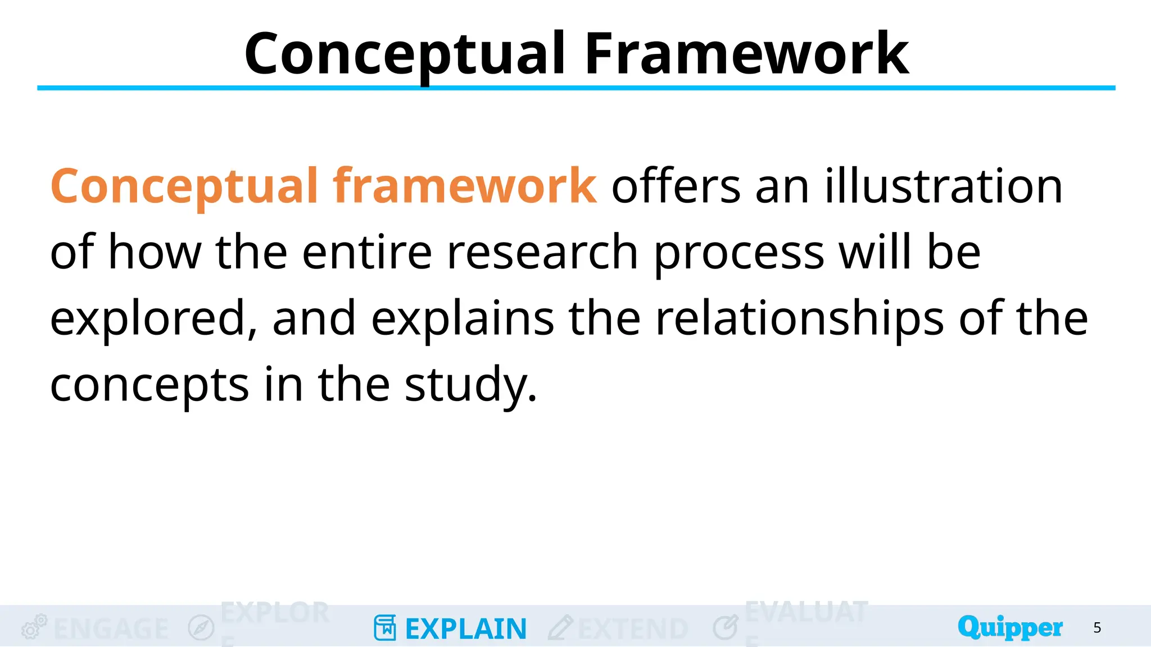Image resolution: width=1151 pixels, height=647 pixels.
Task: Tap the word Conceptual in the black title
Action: pos(405,54)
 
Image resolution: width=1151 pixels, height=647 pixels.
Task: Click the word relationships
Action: pos(800,318)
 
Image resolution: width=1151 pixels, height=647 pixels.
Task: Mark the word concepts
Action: pos(149,385)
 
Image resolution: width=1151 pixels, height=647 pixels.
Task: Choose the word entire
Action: pos(367,252)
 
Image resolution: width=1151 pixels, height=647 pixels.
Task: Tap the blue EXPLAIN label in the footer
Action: pos(466,628)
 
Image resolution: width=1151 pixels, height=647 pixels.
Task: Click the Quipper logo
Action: pos(1010,627)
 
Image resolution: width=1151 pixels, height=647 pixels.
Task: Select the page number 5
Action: pos(1097,627)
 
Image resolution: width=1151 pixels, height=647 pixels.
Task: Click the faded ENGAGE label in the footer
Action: pos(111,628)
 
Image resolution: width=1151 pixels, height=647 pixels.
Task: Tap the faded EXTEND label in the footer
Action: pos(633,628)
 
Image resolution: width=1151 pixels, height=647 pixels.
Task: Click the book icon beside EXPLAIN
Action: pos(385,627)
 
